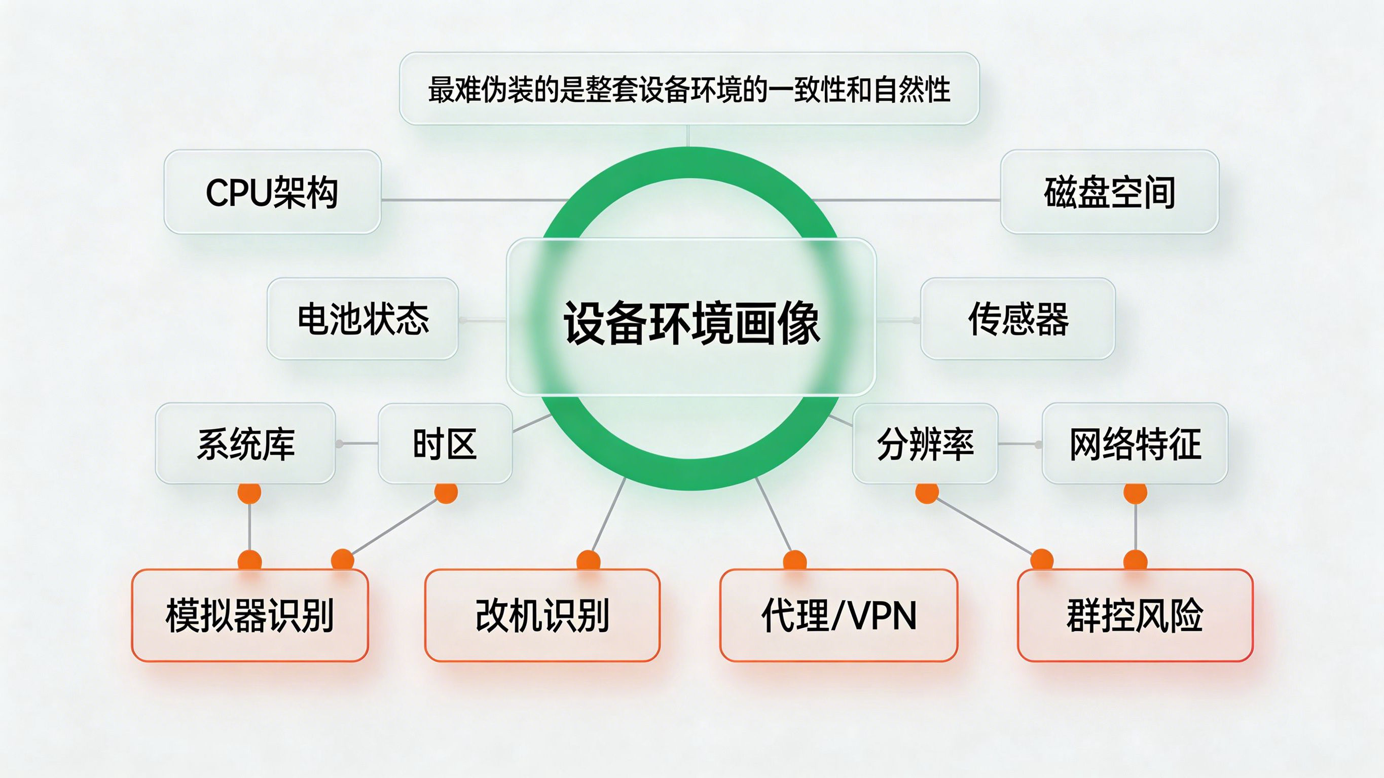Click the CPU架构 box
pyautogui.click(x=272, y=192)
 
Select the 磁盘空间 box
pyautogui.click(x=1109, y=192)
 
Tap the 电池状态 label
pyautogui.click(x=363, y=319)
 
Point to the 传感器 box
pyautogui.click(x=1017, y=319)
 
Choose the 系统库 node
pyautogui.click(x=245, y=444)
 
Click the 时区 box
pyautogui.click(x=445, y=444)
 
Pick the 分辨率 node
pyautogui.click(x=925, y=444)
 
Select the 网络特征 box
pyautogui.click(x=1135, y=444)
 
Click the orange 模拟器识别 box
pyautogui.click(x=250, y=615)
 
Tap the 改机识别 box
pyautogui.click(x=542, y=615)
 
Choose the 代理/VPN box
pyautogui.click(x=839, y=615)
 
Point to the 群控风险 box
pyautogui.click(x=1135, y=615)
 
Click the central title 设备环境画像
pyautogui.click(x=691, y=322)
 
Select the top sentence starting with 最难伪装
pyautogui.click(x=689, y=89)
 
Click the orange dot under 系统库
pyautogui.click(x=249, y=493)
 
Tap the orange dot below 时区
pyautogui.click(x=446, y=493)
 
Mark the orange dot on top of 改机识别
pyautogui.click(x=588, y=561)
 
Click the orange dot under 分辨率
pyautogui.click(x=927, y=493)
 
